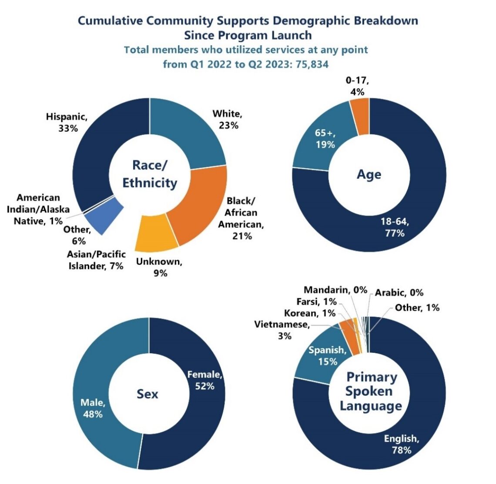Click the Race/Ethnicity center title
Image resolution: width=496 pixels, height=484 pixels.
coord(149,174)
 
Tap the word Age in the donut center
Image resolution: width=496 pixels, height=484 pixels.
coord(369,174)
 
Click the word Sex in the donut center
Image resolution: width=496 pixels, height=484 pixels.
coord(147,394)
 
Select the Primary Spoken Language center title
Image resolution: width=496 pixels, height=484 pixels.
coord(371,391)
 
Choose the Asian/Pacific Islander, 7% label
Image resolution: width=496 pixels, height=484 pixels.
coord(96,260)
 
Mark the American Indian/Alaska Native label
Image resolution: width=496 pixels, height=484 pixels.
coord(43,209)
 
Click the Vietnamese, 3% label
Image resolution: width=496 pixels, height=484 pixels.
coord(282,330)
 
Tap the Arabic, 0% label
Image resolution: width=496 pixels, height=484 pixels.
coord(399,292)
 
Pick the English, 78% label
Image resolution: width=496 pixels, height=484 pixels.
coord(401,444)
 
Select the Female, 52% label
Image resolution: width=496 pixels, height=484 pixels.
coord(204,380)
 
